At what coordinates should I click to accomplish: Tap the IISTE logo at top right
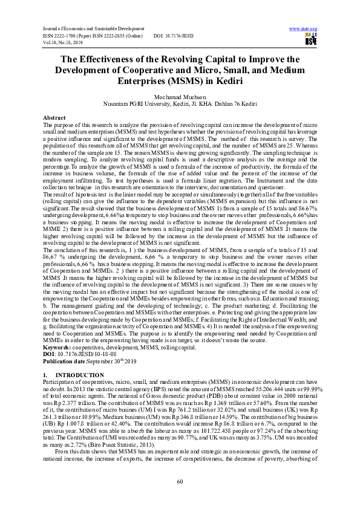pyautogui.click(x=311, y=40)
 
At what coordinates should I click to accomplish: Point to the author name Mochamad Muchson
pyautogui.click(x=180, y=96)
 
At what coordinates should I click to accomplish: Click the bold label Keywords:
pyautogui.click(x=57, y=331)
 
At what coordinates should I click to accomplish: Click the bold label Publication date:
pyautogui.click(x=68, y=343)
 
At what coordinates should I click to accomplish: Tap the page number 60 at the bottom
pyautogui.click(x=180, y=481)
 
